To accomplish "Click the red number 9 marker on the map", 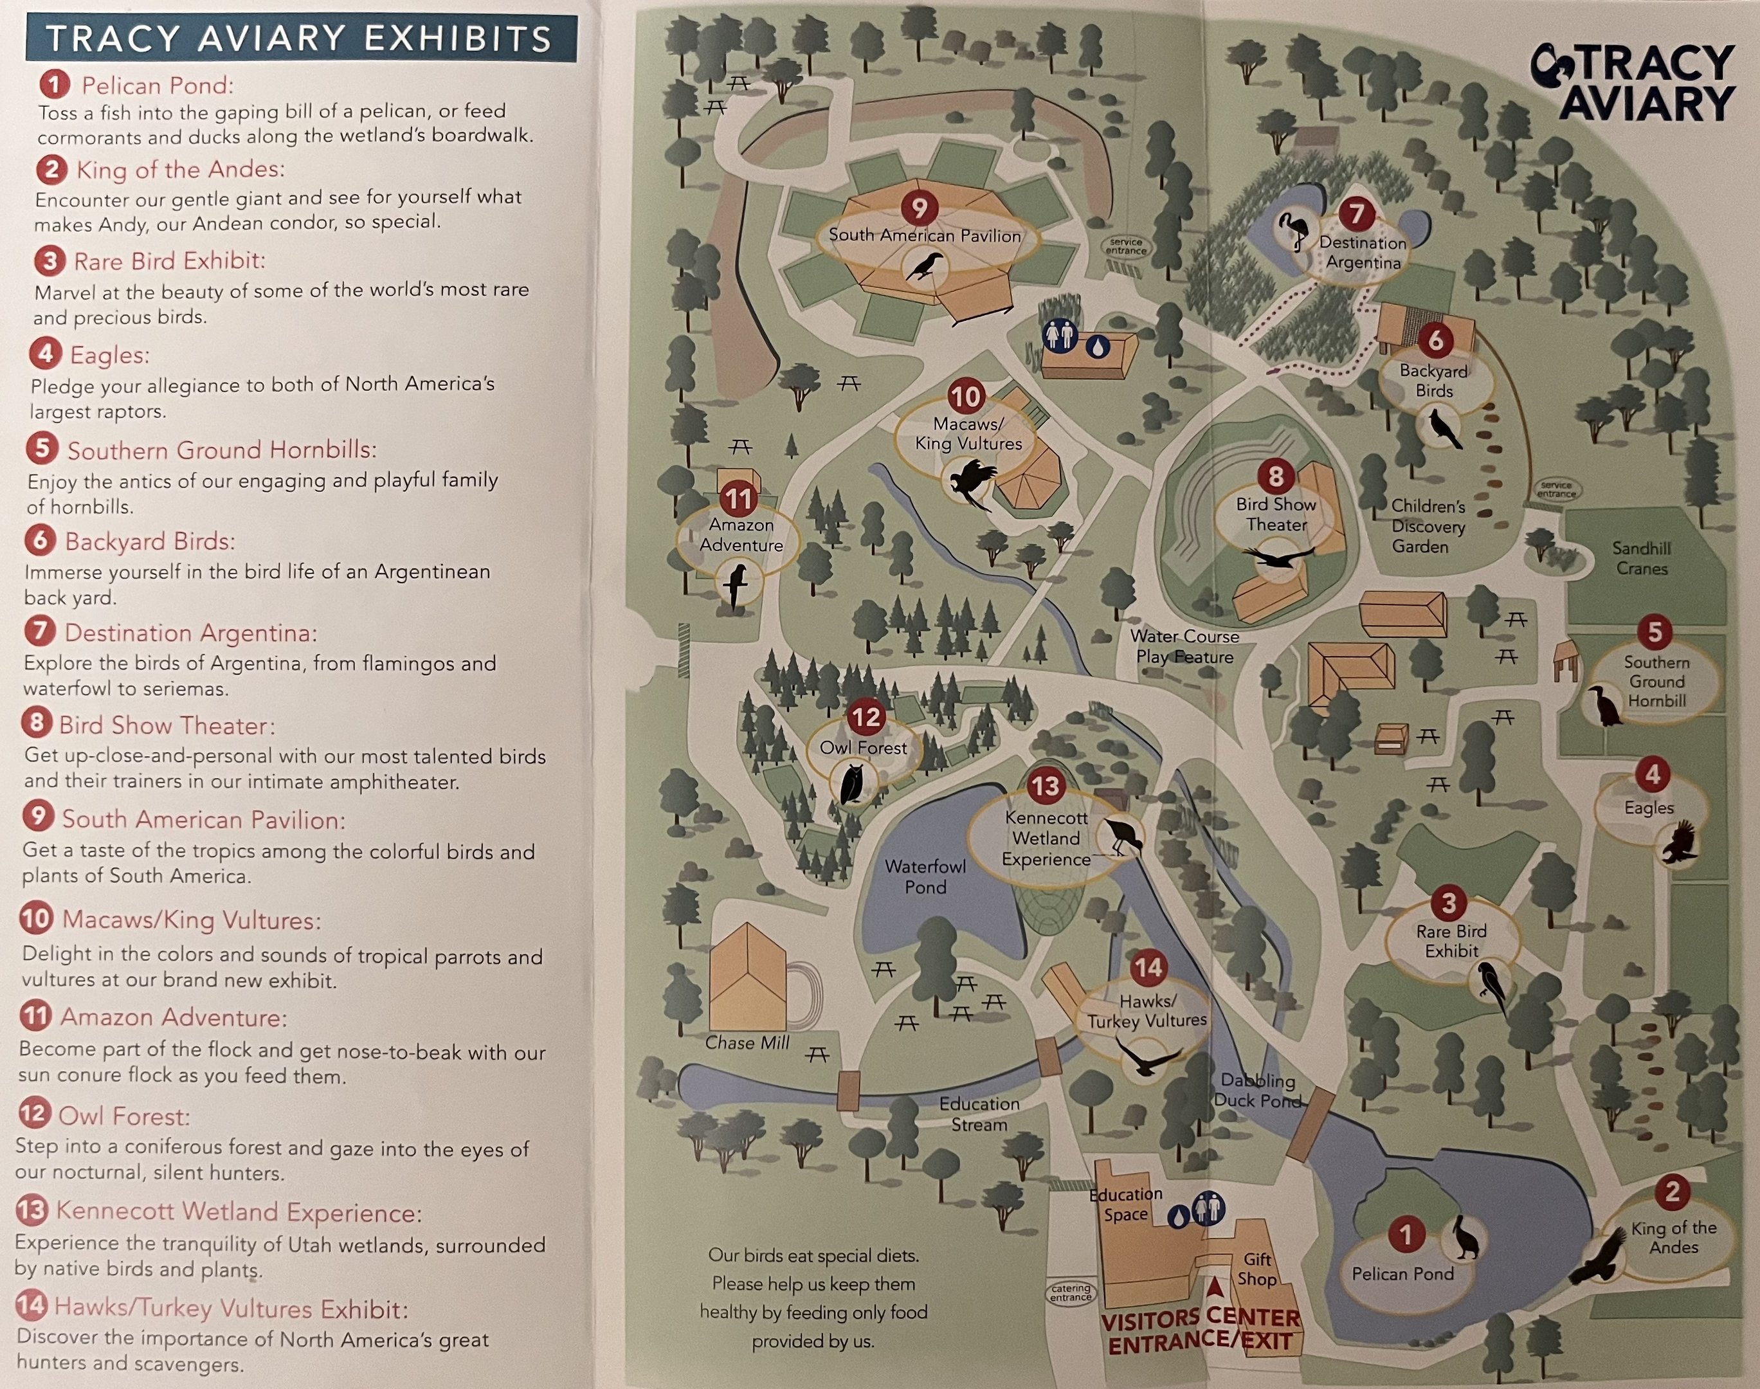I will coord(919,208).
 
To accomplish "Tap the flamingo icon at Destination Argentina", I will coord(1293,231).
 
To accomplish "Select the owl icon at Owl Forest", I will coord(852,783).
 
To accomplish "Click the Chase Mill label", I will coord(747,1042).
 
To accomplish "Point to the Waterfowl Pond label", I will coord(925,876).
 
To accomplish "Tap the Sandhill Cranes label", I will coord(1641,559).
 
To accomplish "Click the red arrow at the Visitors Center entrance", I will coord(1214,1287).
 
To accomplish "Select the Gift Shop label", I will coord(1256,1269).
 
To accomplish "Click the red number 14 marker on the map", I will coord(1148,967).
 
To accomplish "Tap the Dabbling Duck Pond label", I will coord(1257,1090).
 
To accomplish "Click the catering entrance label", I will coord(1070,1293).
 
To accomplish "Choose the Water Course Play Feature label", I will coord(1184,646).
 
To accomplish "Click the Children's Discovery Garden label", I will coord(1428,526).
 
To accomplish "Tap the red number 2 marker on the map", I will coord(1672,1192).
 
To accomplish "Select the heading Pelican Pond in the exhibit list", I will coord(157,86).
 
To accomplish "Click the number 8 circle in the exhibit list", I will coord(37,722).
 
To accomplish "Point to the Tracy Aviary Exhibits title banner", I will coord(300,38).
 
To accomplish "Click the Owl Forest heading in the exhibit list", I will coord(123,1116).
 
